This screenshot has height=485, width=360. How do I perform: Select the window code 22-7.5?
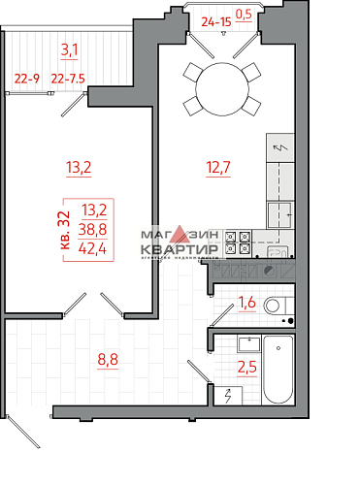(x=67, y=80)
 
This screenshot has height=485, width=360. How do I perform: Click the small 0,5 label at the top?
(x=244, y=14)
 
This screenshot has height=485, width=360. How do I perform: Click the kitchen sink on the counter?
(x=281, y=214)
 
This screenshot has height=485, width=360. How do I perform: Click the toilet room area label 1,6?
(x=247, y=304)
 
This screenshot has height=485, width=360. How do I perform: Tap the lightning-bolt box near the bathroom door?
(x=227, y=395)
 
